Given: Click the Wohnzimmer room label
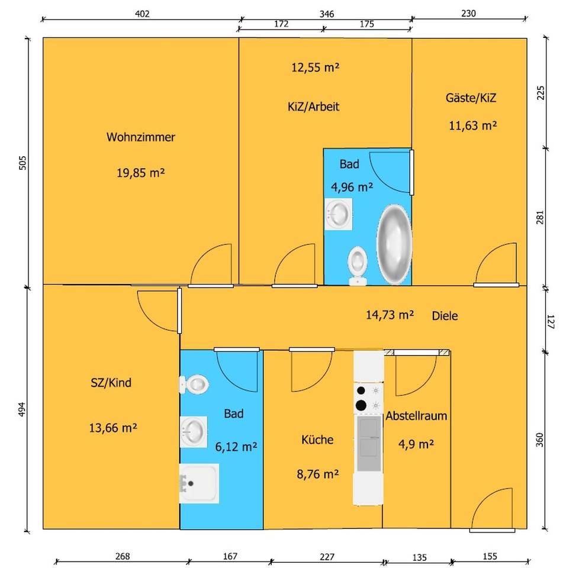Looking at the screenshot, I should point(140,137).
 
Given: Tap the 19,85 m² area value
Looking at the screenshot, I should point(140,173).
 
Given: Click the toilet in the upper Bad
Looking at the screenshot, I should point(357,263).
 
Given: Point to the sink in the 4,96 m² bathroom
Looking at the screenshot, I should point(339,213).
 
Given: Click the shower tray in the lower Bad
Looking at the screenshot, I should point(200,483).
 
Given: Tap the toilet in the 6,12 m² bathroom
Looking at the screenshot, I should point(195,385).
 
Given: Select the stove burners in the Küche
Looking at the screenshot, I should point(361,398).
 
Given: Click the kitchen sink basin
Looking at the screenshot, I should point(368,437).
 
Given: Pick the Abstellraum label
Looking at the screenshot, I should point(416,416).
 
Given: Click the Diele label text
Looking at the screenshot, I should point(445,316).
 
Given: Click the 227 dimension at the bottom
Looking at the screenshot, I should point(327,556).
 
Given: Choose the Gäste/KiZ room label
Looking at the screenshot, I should point(471,98).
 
